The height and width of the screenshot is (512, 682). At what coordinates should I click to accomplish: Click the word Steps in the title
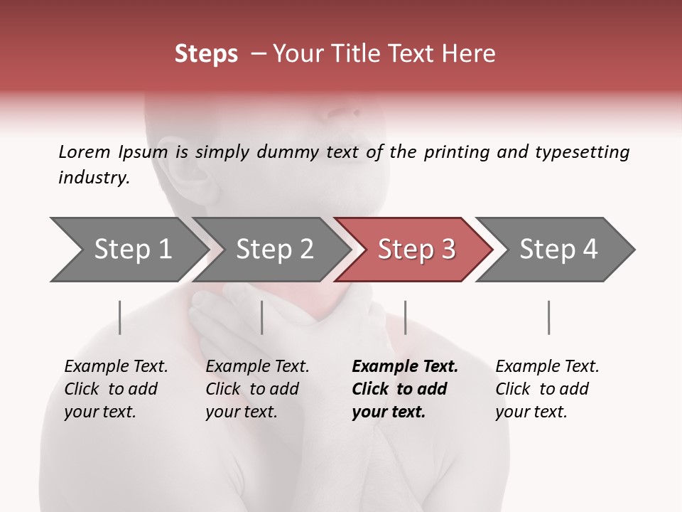(206, 54)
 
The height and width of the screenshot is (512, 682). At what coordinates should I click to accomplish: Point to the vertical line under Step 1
(120, 317)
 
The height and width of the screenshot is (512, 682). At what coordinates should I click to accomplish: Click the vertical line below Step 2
(262, 317)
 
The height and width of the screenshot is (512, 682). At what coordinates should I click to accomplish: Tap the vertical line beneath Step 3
(405, 317)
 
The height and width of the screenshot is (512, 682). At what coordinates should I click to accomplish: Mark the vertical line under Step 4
(548, 317)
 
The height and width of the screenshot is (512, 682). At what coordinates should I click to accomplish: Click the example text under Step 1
(116, 389)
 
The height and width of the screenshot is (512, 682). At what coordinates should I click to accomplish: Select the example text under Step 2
(257, 389)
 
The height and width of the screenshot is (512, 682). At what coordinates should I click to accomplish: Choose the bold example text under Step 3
(404, 389)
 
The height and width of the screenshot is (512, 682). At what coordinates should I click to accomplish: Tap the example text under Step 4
(547, 389)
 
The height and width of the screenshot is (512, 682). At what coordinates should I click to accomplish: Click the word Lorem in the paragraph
(84, 152)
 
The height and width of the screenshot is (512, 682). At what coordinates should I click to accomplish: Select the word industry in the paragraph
(94, 178)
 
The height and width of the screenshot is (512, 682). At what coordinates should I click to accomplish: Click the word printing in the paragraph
(457, 153)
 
